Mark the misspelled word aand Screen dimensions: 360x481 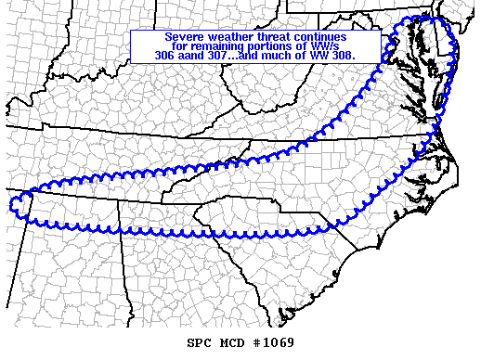click(195, 56)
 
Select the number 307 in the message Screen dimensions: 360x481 click(222, 56)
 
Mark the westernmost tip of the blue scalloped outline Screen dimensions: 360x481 click(9, 203)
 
